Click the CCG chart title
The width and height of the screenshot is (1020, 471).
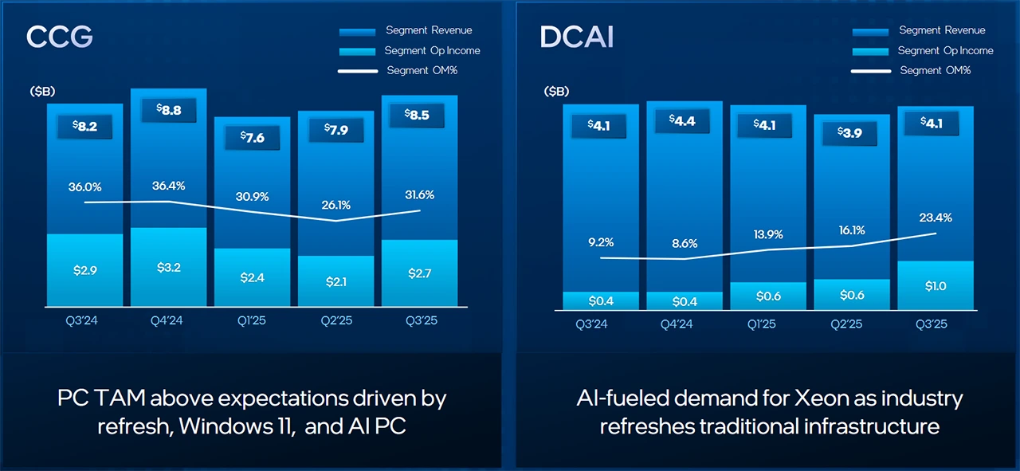(60, 37)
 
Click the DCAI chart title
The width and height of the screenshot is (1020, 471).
(576, 37)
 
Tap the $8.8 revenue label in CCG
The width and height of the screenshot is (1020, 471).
(169, 111)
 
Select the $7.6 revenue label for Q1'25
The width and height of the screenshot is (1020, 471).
(253, 137)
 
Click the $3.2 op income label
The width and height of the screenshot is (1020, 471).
(169, 267)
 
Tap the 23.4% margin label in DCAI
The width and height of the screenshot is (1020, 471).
(936, 217)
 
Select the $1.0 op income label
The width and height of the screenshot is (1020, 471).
(936, 285)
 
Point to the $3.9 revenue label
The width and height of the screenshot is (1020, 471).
(849, 132)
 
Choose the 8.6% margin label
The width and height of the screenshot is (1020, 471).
(684, 243)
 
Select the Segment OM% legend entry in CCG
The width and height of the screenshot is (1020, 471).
(422, 70)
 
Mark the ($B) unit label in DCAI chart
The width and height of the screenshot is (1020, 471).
(556, 92)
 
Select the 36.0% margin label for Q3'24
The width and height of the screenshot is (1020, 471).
(84, 186)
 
